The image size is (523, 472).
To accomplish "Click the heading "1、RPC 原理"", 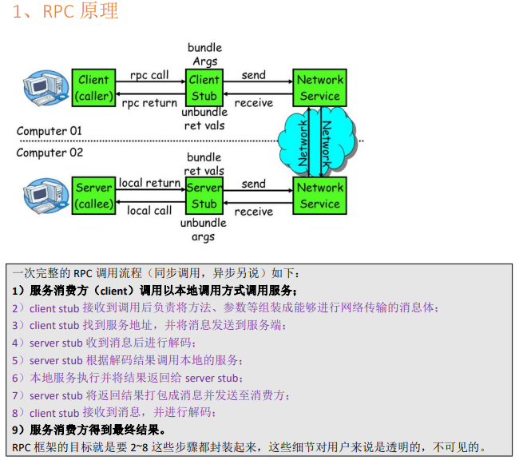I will [x=65, y=11].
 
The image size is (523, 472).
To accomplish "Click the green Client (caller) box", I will [x=93, y=88].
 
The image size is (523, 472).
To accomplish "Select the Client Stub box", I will [x=204, y=88].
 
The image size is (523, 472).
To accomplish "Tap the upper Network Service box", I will [x=319, y=88].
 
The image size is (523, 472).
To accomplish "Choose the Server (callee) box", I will [x=93, y=196].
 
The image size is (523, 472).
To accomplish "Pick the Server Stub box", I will [x=204, y=196].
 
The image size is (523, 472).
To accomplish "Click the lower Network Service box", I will [x=319, y=196].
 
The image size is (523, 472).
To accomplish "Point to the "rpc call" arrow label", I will [x=149, y=75].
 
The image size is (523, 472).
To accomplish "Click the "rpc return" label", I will [x=149, y=103].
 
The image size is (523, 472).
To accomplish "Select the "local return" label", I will [x=149, y=183].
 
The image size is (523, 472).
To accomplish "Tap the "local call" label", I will [x=149, y=211].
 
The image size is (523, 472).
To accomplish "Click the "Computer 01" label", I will [x=50, y=131].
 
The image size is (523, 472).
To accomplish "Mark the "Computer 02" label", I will [x=50, y=153].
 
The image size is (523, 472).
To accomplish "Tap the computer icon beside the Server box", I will [x=45, y=195].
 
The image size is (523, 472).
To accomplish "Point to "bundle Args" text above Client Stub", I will [x=204, y=54].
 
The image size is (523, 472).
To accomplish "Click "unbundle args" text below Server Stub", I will [x=204, y=230].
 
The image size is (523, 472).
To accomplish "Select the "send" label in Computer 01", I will [x=253, y=75].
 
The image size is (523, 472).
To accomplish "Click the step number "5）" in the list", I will [x=19, y=360].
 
